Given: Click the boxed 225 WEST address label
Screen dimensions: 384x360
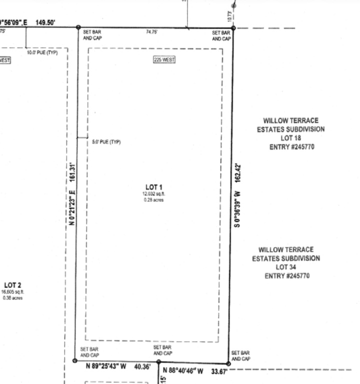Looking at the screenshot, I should (164, 60).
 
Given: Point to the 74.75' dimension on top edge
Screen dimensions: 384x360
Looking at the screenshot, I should (152, 32).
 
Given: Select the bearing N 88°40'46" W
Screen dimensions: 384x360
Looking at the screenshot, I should (182, 371).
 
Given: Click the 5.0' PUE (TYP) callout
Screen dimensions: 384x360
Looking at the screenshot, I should (106, 142).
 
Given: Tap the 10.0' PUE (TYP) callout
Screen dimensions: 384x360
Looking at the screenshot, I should (42, 52).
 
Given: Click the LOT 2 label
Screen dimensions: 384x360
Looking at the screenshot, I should (12, 285).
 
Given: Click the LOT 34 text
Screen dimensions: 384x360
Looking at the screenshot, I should (286, 267).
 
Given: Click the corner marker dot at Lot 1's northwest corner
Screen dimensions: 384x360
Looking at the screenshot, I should (78, 27).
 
